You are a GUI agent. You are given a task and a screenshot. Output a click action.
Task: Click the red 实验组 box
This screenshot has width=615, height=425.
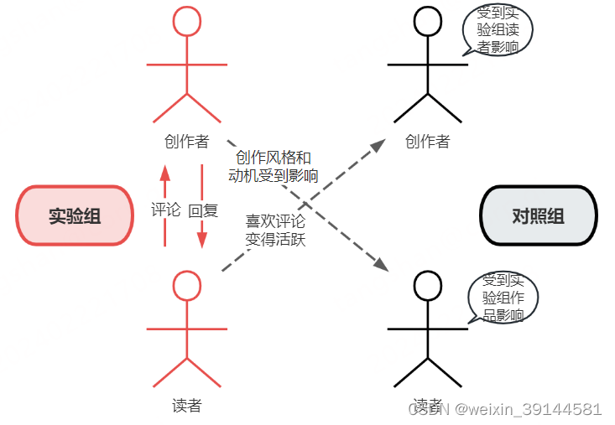pos(75,215)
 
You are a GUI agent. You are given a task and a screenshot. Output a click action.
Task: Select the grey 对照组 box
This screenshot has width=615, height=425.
pos(538,215)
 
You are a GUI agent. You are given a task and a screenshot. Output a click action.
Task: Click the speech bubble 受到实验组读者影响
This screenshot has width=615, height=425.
pos(498,30)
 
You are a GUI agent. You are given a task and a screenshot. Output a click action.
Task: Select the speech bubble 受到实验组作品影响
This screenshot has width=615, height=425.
pos(503,298)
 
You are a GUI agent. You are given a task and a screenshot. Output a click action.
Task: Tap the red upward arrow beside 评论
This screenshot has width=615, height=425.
pos(164,205)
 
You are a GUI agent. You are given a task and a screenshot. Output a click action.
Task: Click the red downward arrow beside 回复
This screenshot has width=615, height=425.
pos(202,205)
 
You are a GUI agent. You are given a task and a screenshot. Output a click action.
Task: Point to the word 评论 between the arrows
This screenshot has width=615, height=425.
pos(165,210)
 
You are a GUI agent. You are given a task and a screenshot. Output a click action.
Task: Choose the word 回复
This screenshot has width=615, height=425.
pos(203,210)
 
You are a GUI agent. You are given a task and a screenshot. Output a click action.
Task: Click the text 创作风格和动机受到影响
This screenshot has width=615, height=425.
pos(274,166)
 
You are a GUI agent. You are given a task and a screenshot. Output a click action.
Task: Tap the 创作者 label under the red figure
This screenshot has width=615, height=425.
pos(187,141)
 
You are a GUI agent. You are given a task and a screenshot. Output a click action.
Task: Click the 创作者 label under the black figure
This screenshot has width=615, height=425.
pos(427,141)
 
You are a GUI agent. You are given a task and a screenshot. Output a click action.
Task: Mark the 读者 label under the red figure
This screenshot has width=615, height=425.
pos(187,406)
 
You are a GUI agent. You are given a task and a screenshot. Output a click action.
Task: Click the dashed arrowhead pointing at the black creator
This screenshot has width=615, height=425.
pos(378,145)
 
